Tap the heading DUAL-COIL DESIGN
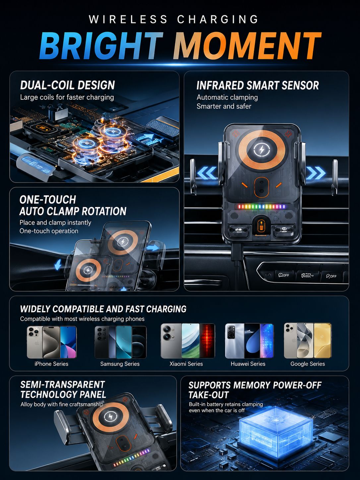tap(67, 85)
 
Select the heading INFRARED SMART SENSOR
tap(258, 85)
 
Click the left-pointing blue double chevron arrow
tap(207, 173)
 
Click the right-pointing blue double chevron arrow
tap(315, 173)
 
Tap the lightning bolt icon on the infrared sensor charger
tap(262, 150)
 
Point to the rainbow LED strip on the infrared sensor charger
tap(262, 207)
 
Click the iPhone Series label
tap(51, 364)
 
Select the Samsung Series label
tap(120, 364)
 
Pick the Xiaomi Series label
tap(186, 364)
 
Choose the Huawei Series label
tap(248, 364)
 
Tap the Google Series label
tap(308, 364)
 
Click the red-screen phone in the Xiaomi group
tap(207, 341)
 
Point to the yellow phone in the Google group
tap(323, 340)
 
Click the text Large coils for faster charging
tap(67, 97)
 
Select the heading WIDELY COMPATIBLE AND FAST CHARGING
tap(103, 309)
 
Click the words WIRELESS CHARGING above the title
tap(174, 19)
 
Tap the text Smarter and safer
tap(224, 106)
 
